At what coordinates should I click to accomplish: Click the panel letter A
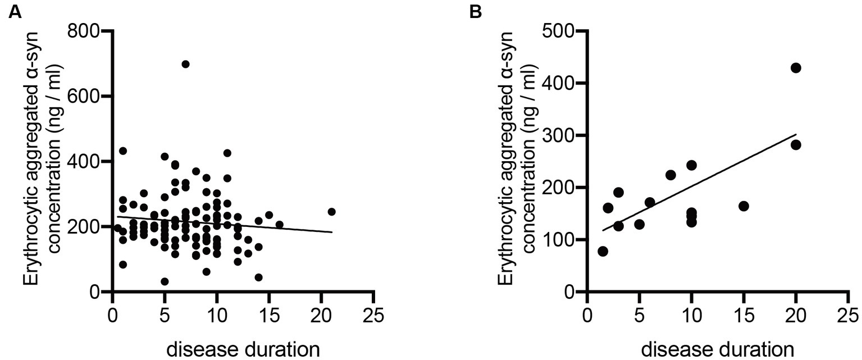click(x=15, y=12)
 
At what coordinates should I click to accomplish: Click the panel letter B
click(x=475, y=12)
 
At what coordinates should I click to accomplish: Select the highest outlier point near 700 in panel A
click(x=185, y=64)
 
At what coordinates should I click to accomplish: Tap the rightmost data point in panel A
click(x=331, y=212)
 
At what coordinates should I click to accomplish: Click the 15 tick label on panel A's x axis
click(x=268, y=316)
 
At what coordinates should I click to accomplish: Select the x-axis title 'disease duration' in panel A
click(x=244, y=349)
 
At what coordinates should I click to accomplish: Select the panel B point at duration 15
click(x=744, y=206)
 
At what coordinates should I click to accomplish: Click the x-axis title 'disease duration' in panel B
click(x=717, y=349)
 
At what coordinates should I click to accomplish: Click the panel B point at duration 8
click(x=671, y=175)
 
